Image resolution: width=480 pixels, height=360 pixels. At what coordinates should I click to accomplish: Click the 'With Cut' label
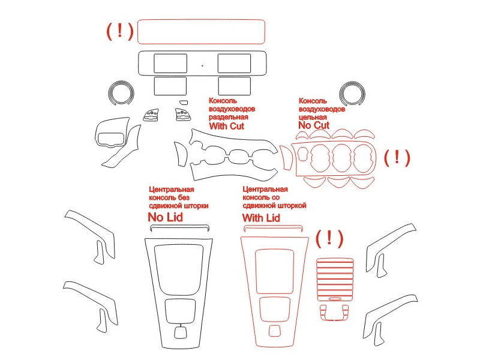(227, 126)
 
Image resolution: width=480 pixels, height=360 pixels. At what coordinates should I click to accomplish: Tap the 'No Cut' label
(314, 125)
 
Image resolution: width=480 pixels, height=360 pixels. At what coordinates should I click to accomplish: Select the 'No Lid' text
(166, 217)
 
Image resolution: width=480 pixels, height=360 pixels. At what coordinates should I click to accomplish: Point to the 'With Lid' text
(261, 218)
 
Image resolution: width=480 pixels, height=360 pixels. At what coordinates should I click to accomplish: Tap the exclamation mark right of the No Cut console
(397, 157)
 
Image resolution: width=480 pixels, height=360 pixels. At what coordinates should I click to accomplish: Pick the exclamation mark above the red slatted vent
(329, 238)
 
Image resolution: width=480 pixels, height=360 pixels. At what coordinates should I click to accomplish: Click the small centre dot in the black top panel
(202, 65)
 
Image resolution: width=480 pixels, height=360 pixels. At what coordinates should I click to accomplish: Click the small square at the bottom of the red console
(274, 331)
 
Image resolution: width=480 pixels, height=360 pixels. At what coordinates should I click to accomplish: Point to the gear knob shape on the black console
(181, 332)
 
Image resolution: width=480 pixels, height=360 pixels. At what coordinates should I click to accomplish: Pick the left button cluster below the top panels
(151, 115)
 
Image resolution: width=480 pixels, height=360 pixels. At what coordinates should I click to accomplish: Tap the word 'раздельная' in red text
(229, 117)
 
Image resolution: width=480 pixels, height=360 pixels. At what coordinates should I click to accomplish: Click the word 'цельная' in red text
(313, 117)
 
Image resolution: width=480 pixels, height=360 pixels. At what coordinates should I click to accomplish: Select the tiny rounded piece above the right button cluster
(184, 102)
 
